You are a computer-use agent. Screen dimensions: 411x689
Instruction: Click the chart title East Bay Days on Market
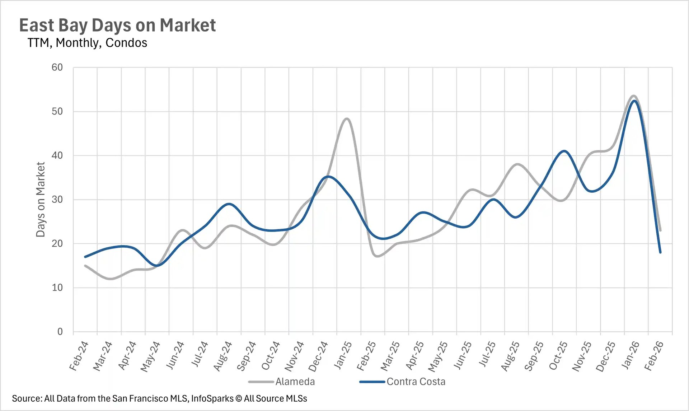point(117,25)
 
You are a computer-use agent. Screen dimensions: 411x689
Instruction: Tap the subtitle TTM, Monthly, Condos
point(87,43)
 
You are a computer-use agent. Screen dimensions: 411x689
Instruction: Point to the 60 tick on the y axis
point(57,67)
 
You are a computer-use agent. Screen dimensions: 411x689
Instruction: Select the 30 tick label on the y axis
point(57,200)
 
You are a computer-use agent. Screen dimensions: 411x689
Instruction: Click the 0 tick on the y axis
point(60,332)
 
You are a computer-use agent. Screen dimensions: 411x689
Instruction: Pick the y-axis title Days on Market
point(41,200)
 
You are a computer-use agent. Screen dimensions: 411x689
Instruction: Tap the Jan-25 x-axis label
point(343,355)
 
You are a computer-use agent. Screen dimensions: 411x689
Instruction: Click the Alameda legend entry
point(295,382)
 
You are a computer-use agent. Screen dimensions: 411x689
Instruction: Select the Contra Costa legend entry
point(416,382)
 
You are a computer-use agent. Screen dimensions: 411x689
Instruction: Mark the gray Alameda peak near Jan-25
point(347,119)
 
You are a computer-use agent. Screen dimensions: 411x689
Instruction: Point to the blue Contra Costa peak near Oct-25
point(564,151)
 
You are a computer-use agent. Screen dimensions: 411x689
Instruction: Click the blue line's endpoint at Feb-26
point(660,252)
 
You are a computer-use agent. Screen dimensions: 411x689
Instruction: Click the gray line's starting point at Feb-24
point(85,266)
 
